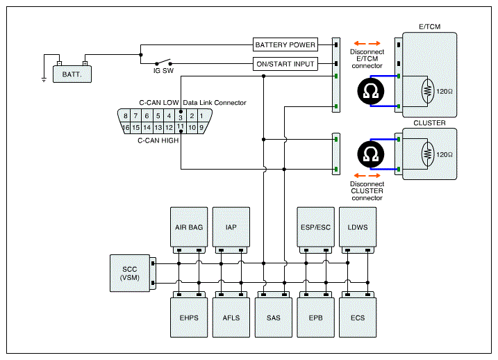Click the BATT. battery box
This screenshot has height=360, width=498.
[x=72, y=74]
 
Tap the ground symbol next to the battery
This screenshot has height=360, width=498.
[x=44, y=79]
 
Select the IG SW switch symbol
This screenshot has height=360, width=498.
[x=163, y=62]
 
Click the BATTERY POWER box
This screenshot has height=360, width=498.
[x=285, y=44]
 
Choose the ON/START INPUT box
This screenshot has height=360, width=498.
[x=285, y=64]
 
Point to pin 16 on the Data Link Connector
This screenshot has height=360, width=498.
[x=126, y=127]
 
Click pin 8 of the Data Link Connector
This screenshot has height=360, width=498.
[x=126, y=115]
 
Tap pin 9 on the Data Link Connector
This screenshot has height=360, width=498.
[x=201, y=127]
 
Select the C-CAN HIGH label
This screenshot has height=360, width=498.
[x=158, y=140]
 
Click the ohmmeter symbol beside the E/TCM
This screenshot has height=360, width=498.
[x=371, y=91]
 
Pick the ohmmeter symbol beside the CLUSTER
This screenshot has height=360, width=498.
[x=371, y=154]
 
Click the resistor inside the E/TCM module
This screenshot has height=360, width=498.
[x=427, y=91]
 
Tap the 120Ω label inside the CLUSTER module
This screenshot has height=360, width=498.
[x=445, y=155]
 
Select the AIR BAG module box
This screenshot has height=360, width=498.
[x=189, y=227]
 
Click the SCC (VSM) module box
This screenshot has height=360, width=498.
[x=130, y=273]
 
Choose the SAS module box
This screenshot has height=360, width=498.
[x=274, y=318]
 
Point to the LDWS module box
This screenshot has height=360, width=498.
[x=358, y=227]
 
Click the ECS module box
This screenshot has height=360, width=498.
[x=358, y=318]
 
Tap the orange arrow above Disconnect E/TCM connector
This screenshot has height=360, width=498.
[x=367, y=44]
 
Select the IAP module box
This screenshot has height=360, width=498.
[x=231, y=227]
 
